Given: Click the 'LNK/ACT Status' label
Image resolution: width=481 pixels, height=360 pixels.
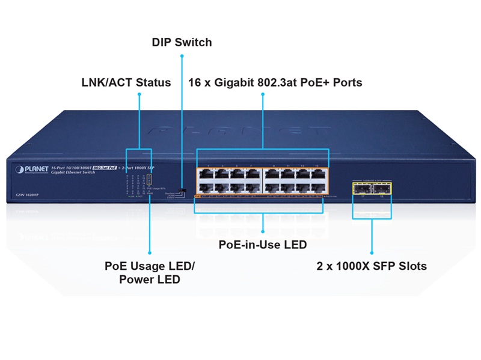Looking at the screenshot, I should [x=126, y=82].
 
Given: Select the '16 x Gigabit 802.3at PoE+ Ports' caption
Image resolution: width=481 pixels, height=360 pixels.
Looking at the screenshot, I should [x=275, y=82].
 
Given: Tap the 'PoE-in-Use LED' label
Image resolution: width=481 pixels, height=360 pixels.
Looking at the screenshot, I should [x=262, y=245].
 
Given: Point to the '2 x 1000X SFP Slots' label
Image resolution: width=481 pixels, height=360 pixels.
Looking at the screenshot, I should [x=372, y=265].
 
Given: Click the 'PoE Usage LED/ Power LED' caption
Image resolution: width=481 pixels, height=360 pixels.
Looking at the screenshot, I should [x=150, y=272].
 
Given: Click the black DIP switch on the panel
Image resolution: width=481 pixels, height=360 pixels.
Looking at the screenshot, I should [x=183, y=191].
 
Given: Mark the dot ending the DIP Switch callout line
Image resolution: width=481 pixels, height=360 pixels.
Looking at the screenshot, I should [x=182, y=57].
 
